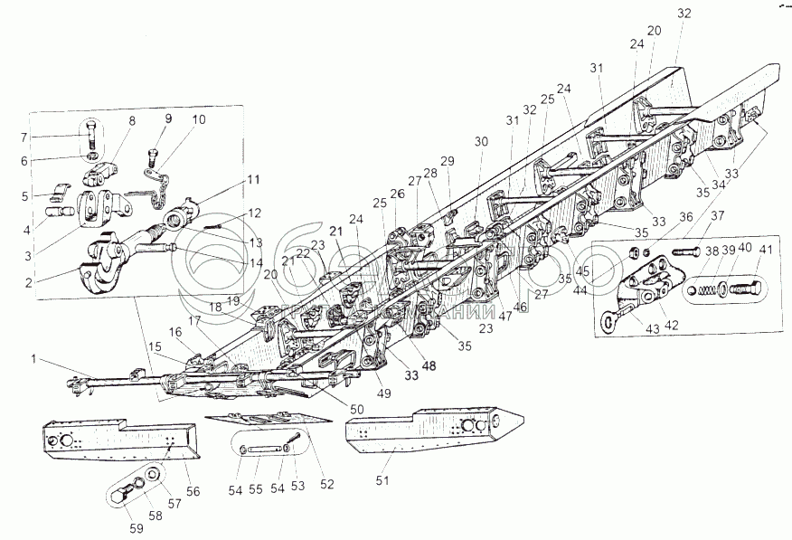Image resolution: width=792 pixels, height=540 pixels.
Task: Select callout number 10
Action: click(198, 119)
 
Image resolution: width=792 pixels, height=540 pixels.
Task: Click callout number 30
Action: click(480, 142)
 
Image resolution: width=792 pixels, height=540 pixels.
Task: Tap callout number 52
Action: click(327, 484)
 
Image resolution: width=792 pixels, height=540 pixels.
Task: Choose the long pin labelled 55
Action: click(263, 450)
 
